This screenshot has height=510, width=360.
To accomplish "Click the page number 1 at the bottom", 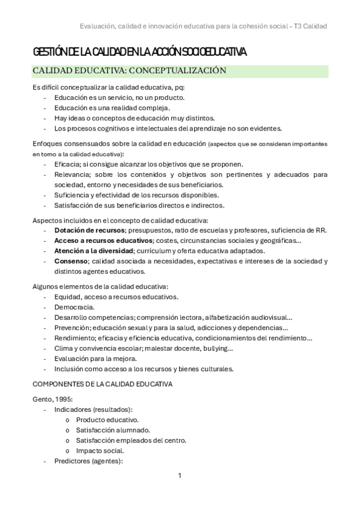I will coord(180,475).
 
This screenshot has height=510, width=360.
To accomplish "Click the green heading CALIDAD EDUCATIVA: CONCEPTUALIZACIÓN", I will coord(129,70).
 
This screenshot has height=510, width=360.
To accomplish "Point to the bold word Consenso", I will coord(70,261).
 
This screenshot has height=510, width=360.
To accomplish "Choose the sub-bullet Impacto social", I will coord(100,450).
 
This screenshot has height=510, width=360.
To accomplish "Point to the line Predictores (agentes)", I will coord(88,461).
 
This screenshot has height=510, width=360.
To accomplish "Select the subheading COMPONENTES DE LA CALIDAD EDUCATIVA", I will coord(102,383).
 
